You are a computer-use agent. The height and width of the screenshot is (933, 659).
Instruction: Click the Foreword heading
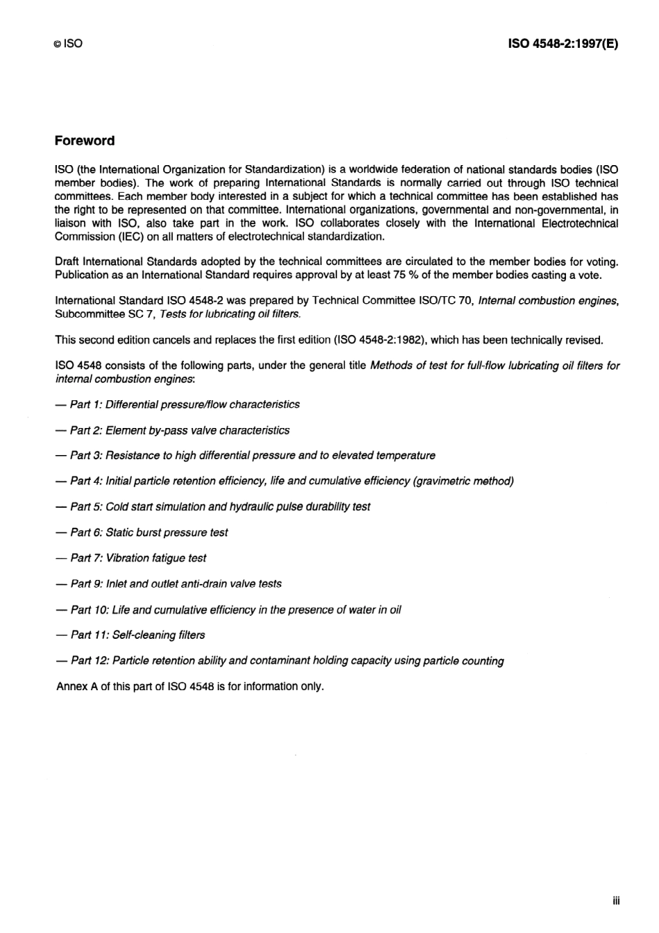[85, 141]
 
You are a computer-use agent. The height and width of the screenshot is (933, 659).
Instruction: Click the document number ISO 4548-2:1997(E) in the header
[563, 44]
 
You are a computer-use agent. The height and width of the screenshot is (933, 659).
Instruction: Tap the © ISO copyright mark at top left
[68, 44]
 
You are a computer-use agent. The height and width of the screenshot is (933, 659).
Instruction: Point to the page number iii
[616, 900]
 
